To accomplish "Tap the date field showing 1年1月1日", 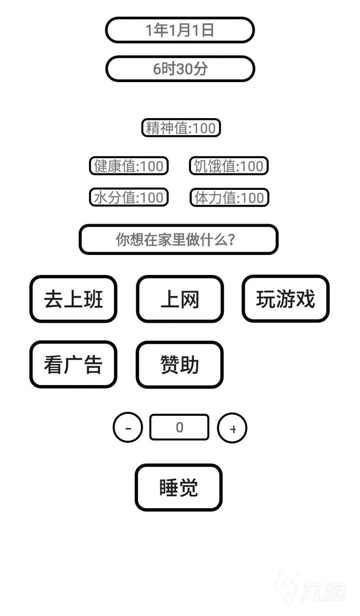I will point(180,30).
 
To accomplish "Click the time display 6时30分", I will point(180,69).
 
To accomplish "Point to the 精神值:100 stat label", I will point(181,128).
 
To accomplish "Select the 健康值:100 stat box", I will point(129,166).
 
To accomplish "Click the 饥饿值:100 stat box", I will point(229,166).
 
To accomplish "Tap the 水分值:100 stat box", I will point(129,197).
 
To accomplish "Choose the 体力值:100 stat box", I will point(229,197).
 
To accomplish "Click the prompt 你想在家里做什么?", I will point(178,240).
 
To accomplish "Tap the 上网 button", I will point(180,299).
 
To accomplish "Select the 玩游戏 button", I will point(285,299).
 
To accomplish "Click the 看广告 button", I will point(73,365).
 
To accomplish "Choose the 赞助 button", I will point(180,365).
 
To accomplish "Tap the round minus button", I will point(128,428).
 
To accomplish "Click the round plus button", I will point(232,428).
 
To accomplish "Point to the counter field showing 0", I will point(180,427).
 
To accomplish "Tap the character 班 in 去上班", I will point(92,299).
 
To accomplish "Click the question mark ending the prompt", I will point(231,240).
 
